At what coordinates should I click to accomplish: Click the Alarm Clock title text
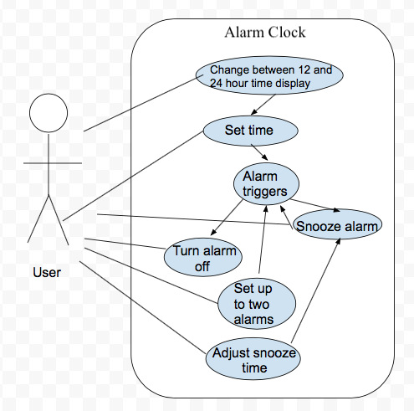point(265,33)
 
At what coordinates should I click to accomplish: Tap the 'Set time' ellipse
point(249,131)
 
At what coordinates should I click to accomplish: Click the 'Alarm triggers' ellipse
point(264,184)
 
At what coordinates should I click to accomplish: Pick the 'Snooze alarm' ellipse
point(338,226)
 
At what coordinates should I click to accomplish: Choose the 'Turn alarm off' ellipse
point(204,258)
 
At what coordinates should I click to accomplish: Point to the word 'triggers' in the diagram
point(264,192)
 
